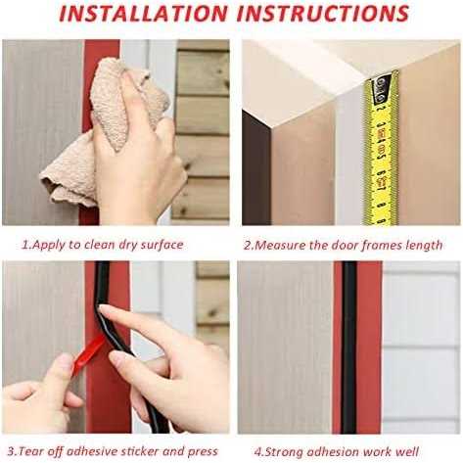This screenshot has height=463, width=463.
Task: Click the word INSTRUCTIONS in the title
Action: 324,15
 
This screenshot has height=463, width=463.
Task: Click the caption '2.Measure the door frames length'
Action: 343,245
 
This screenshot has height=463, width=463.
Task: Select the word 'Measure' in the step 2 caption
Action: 282,245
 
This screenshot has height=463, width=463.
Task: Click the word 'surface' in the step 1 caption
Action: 161,245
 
